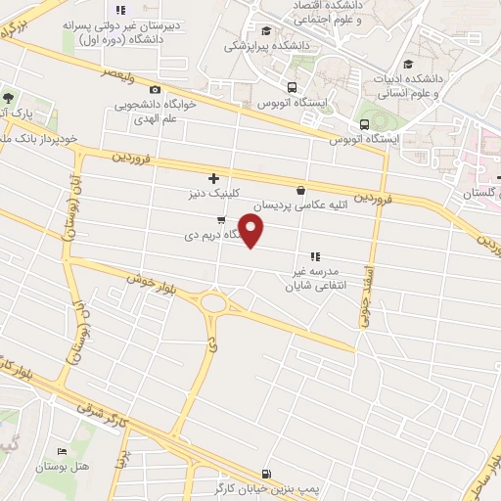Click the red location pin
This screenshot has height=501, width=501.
click(251, 230)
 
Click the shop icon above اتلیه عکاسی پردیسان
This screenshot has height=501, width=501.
click(299, 190)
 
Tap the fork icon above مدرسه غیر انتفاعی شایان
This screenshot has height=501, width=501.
click(315, 255)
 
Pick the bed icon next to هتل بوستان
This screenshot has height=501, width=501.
click(63, 451)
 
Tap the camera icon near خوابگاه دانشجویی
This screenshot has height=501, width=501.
click(156, 90)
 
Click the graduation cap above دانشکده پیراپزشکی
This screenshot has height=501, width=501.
click(267, 30)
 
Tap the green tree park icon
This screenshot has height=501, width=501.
click(8, 98)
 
